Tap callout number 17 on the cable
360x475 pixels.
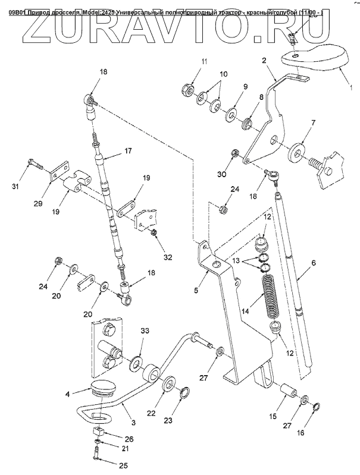point(127,152)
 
